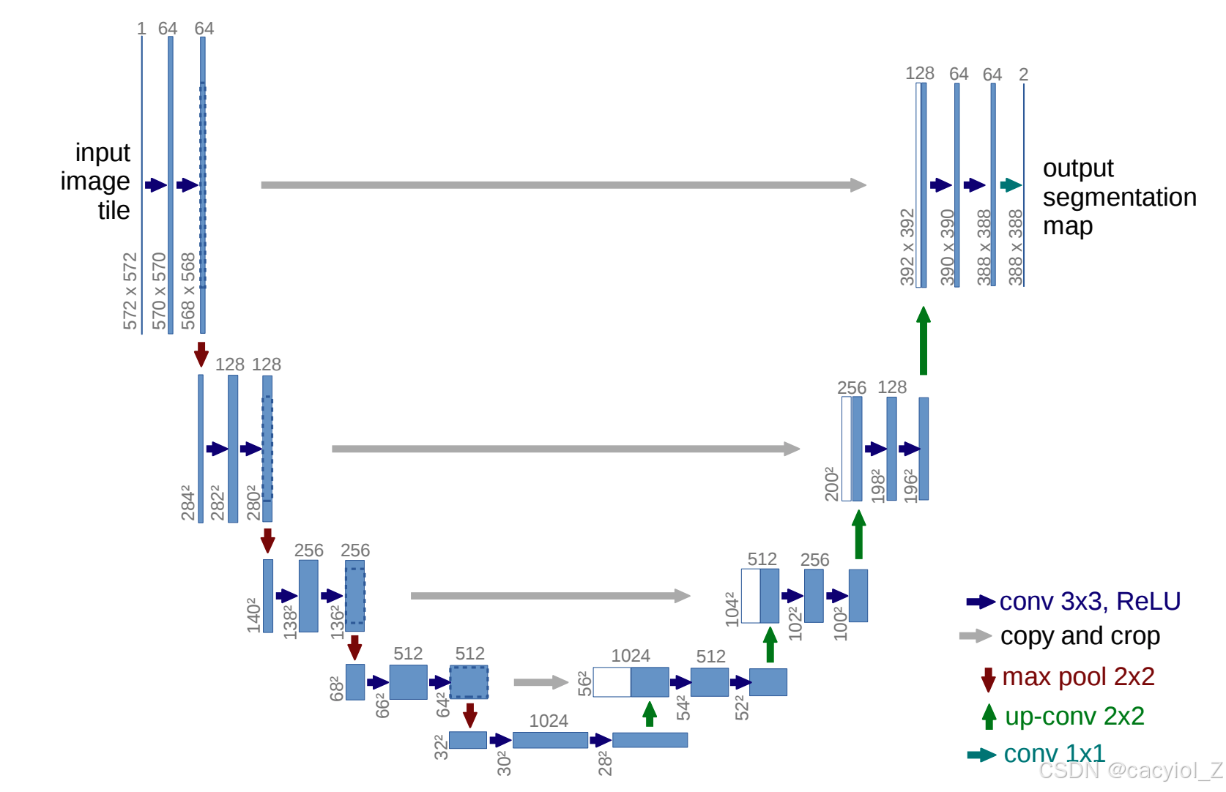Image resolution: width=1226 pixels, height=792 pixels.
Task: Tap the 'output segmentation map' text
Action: (x=1118, y=197)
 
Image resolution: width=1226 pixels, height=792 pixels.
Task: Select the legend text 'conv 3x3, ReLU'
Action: (x=1089, y=601)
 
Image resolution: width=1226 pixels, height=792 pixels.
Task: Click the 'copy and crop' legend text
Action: (x=1080, y=636)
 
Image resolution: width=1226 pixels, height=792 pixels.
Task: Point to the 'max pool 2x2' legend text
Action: (x=1077, y=676)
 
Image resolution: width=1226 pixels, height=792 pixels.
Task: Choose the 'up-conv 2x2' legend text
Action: (x=1074, y=716)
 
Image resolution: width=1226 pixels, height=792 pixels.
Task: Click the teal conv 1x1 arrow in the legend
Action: (x=981, y=755)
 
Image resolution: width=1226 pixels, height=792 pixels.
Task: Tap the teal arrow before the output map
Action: (x=1011, y=185)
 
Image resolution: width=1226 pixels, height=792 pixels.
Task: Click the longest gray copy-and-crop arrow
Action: (x=563, y=185)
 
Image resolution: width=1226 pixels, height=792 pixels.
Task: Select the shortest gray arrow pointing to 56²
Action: (x=540, y=682)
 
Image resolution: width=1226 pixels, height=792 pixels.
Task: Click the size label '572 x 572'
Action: (x=130, y=291)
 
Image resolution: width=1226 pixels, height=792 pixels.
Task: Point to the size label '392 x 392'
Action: (x=907, y=247)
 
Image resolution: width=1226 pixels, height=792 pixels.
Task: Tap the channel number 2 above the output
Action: (x=1023, y=75)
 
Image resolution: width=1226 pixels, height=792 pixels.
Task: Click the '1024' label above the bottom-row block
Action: (x=549, y=721)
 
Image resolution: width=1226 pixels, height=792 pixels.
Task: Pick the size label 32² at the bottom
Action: (x=441, y=747)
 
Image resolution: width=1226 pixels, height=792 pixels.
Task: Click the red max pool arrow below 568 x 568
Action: (x=201, y=354)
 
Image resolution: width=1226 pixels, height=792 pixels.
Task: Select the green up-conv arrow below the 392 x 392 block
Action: (x=924, y=341)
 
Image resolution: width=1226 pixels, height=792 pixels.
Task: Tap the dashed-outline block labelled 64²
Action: (x=469, y=682)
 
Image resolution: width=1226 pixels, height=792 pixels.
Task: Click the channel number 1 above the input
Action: (x=141, y=29)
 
